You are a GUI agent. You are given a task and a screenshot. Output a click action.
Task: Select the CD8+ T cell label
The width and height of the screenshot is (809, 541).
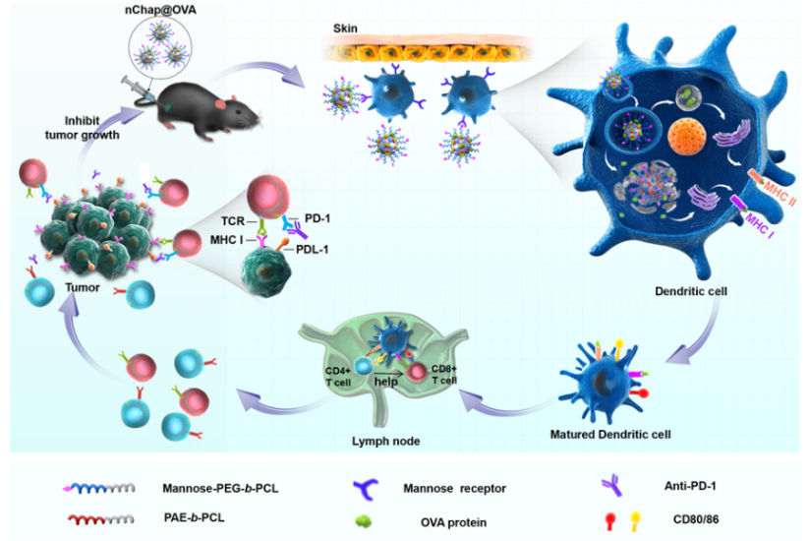pyautogui.click(x=444, y=375)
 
